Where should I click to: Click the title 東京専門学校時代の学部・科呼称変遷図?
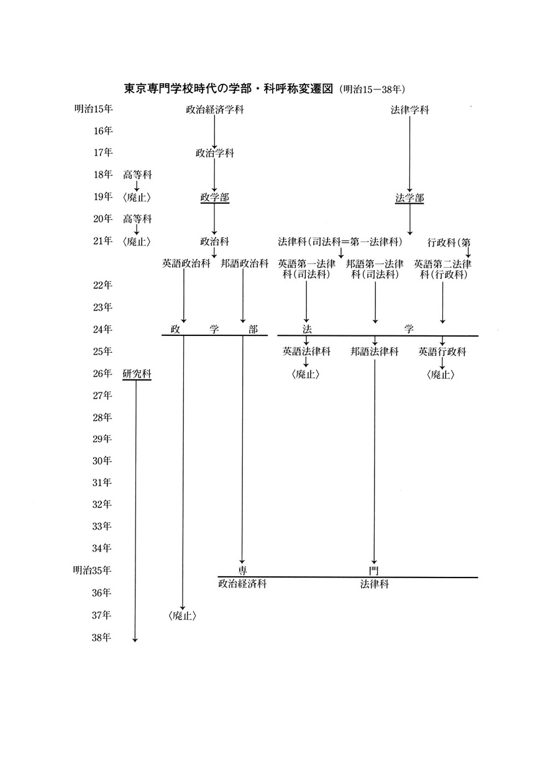pos(229,89)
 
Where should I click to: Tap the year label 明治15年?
pos(94,109)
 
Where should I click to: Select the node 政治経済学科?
pos(214,110)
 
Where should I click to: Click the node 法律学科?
pos(409,110)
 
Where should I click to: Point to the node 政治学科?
pos(214,153)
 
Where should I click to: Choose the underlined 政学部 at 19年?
pos(214,197)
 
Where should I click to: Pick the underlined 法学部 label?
pos(409,198)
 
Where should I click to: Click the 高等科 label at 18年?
pos(137,175)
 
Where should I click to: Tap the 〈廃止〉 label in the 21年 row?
pos(137,242)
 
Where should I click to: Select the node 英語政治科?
pos(186,264)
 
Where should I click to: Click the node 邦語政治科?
pos(245,264)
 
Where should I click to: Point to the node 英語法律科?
pos(306,351)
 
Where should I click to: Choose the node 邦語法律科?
pos(375,351)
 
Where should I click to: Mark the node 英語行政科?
pos(442,351)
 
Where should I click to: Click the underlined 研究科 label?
pos(137,374)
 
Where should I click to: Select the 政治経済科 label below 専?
pos(242,584)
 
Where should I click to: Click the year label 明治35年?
pos(92,570)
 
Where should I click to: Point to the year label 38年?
pos(101,637)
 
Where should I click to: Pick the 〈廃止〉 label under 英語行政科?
pos(440,374)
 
